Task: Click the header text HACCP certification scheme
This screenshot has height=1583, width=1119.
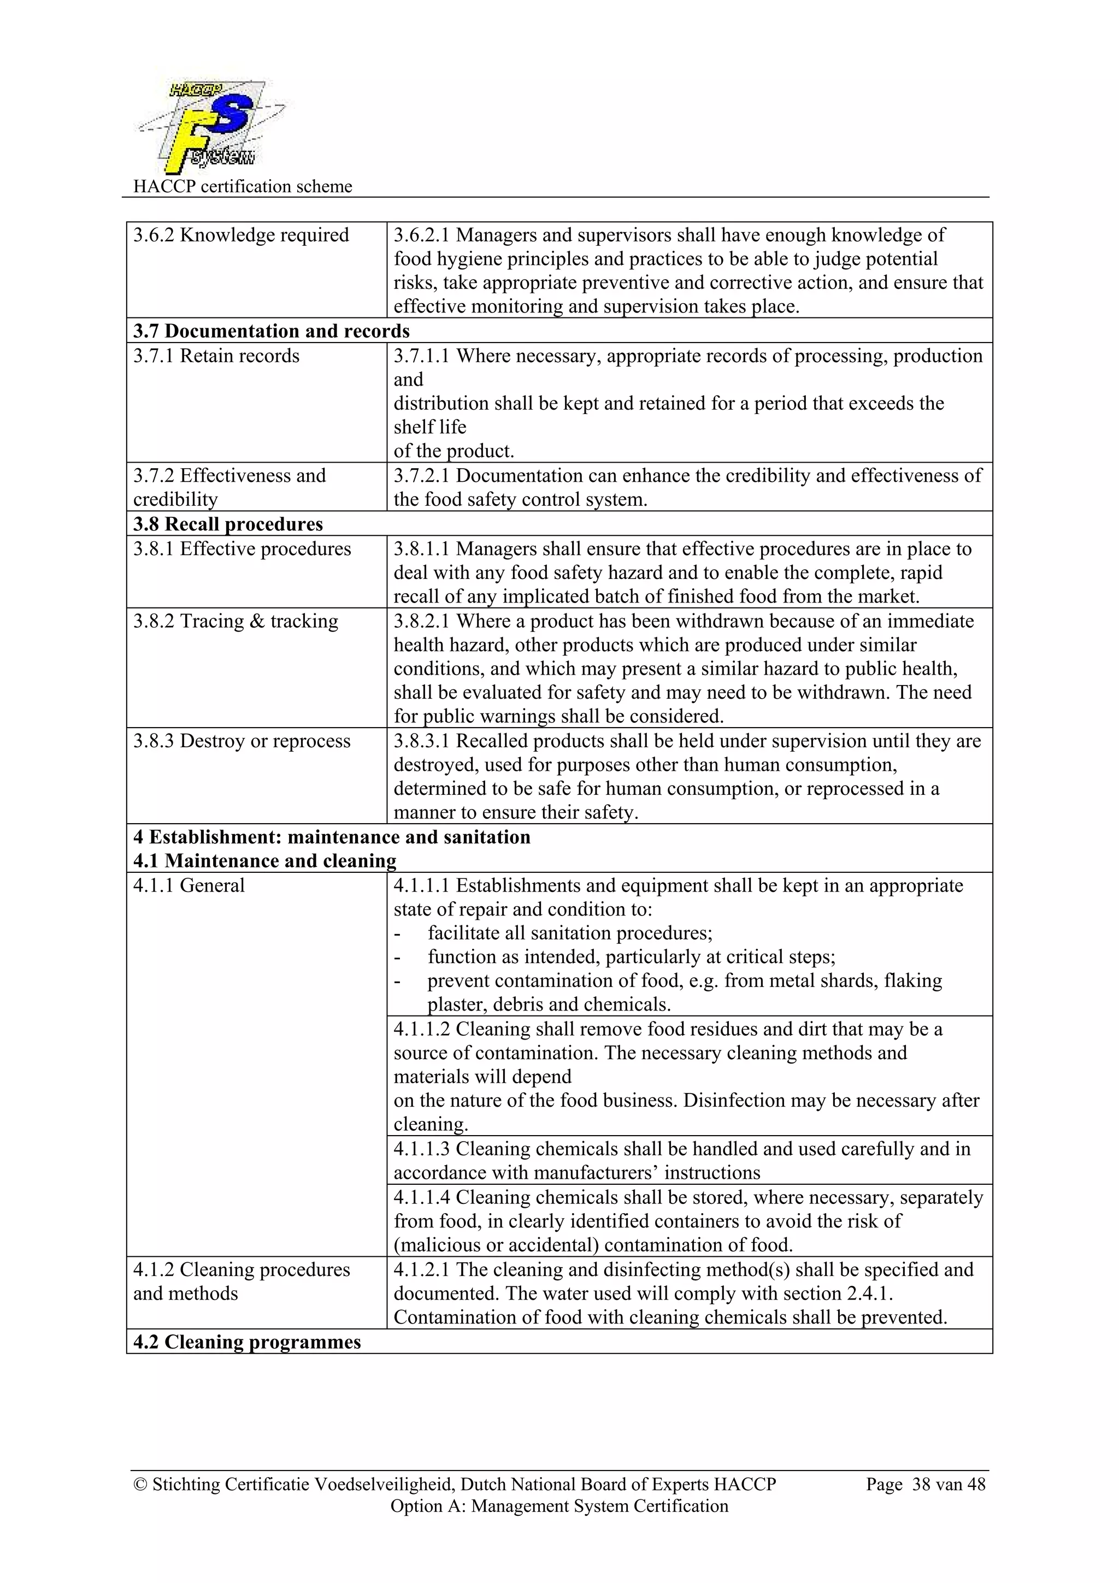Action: tap(242, 186)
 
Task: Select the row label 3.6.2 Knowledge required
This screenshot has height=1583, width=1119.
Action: tap(240, 235)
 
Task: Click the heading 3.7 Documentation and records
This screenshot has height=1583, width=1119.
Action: tap(271, 331)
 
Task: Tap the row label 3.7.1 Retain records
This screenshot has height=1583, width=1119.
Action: tap(216, 356)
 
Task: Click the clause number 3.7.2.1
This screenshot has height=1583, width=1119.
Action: tap(421, 476)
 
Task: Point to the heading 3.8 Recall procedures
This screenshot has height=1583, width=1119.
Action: tap(227, 524)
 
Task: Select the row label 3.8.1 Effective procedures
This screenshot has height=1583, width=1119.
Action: tap(242, 549)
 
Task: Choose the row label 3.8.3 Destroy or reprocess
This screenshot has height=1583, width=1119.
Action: tap(242, 741)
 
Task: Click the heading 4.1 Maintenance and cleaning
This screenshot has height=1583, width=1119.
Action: tap(264, 861)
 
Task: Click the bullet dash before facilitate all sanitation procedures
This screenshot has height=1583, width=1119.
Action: tap(397, 934)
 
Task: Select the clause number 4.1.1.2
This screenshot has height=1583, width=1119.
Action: tap(421, 1029)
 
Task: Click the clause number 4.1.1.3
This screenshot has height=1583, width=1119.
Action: tap(421, 1149)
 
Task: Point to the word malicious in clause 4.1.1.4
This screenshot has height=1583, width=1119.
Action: tap(439, 1245)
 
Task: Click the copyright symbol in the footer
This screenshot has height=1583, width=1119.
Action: tap(140, 1485)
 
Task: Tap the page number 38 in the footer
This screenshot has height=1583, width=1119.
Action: tap(922, 1485)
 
